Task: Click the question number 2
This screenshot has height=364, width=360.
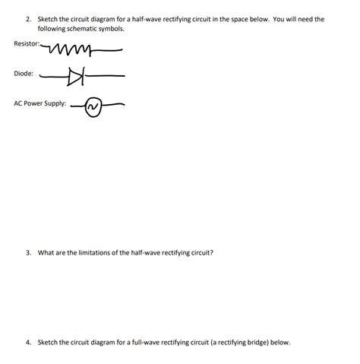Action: coord(27,18)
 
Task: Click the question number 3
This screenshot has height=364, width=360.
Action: coord(27,252)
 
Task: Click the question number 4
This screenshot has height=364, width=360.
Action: coord(27,342)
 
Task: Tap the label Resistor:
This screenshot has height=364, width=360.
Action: coord(28,43)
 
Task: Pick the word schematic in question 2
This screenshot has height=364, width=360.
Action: coord(80,27)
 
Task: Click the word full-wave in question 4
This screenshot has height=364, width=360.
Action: coord(153,342)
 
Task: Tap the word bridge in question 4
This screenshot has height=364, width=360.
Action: coord(257,342)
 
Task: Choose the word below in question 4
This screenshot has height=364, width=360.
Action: coord(280,342)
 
